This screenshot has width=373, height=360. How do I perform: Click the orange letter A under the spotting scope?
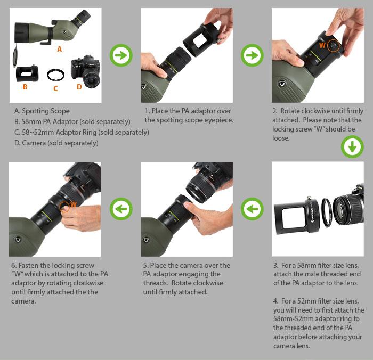point(60,49)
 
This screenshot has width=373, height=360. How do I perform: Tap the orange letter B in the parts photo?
point(25,87)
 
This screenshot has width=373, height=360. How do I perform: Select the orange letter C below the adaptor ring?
point(55,88)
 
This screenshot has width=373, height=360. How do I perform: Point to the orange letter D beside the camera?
point(79,87)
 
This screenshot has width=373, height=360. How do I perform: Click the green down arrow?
point(352,146)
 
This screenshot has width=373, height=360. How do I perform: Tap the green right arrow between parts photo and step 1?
point(121,55)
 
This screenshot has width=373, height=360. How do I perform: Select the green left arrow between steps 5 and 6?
point(121,209)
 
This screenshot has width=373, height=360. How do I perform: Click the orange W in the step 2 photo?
point(322,45)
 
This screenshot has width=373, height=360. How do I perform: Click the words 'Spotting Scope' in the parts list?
point(46,111)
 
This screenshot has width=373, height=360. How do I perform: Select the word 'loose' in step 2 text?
point(281,138)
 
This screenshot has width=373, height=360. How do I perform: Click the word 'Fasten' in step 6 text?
point(28,265)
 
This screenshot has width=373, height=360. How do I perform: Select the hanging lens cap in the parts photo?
point(15,56)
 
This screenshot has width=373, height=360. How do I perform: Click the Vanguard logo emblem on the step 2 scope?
point(282,84)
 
